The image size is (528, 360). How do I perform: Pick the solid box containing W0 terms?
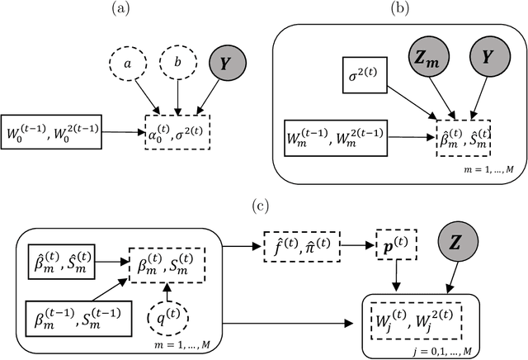(x=52, y=130)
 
